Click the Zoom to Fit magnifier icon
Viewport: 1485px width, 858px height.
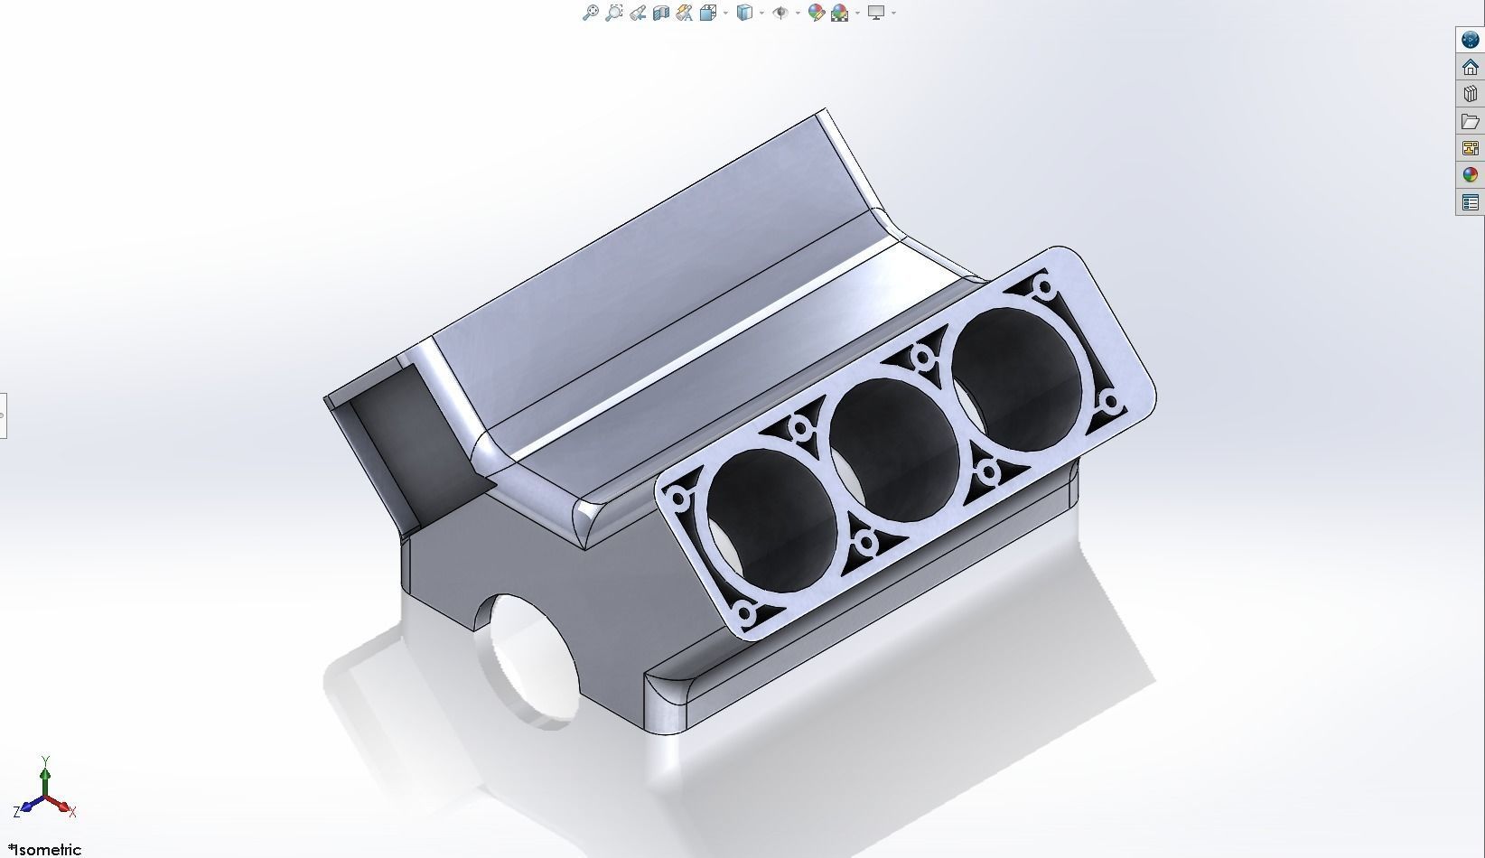(x=590, y=13)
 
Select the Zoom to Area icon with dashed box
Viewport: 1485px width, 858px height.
(x=614, y=13)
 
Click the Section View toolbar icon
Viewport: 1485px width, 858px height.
(x=660, y=13)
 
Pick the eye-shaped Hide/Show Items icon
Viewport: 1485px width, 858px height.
(x=781, y=13)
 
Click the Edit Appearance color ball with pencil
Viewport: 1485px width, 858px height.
(x=816, y=13)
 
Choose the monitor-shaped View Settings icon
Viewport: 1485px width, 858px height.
(x=875, y=13)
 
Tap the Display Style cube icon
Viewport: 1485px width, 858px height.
(x=744, y=13)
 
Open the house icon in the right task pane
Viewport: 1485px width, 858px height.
(x=1470, y=67)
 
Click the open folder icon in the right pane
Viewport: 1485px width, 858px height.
(x=1470, y=121)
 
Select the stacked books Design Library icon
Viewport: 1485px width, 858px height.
(x=1470, y=94)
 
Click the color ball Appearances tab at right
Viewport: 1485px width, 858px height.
(x=1470, y=175)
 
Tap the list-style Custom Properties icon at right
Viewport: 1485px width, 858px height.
(x=1470, y=202)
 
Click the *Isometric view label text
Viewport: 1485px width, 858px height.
(x=44, y=849)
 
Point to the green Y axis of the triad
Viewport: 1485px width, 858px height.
(x=46, y=779)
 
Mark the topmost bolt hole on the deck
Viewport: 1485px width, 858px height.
(x=1045, y=289)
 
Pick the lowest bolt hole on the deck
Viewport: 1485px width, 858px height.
(x=745, y=611)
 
